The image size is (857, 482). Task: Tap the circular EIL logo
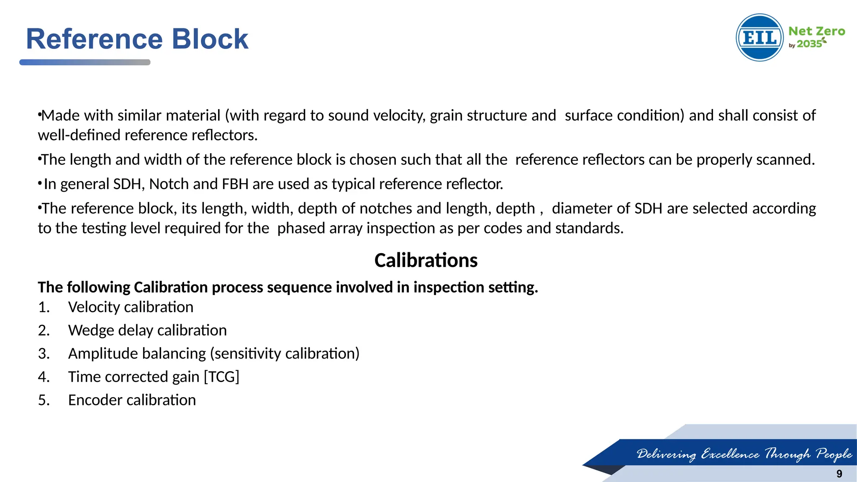[x=759, y=38]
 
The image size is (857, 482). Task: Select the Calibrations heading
[x=426, y=260]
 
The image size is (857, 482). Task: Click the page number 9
[x=839, y=474]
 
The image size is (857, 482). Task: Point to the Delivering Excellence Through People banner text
[x=744, y=454]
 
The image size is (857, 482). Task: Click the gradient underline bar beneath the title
[x=85, y=62]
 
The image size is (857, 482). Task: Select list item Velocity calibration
[x=131, y=307]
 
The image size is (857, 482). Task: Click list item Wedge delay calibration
[x=147, y=331]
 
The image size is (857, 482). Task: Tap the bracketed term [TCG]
[x=221, y=377]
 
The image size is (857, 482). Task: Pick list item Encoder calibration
[x=132, y=400]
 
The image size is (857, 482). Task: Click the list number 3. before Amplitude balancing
[x=44, y=354]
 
